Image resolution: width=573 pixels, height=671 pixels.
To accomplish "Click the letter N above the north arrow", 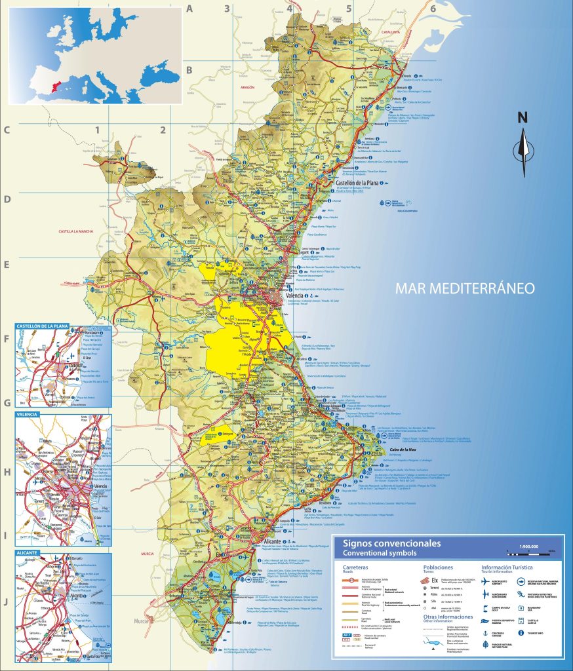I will pos(523,118).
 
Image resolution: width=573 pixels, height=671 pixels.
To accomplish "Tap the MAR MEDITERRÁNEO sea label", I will pos(465,288).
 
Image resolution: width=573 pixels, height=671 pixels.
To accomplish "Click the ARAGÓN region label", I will pos(247,105).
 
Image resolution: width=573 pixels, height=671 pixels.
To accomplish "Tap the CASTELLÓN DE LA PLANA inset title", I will pos(42,326).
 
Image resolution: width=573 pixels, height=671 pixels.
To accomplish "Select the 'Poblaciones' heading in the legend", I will pos(438,567).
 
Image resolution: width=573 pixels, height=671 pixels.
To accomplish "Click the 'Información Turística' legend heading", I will pos(507,567).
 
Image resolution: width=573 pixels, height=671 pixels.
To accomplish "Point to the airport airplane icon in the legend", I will pos(485,581).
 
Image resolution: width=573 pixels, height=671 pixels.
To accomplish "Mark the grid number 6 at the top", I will pos(433,9).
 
